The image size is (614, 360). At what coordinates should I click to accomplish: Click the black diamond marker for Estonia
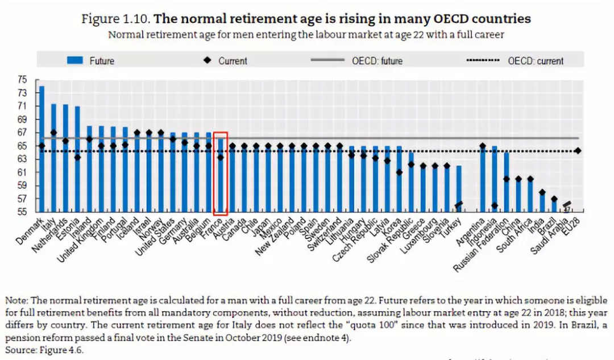[77, 158]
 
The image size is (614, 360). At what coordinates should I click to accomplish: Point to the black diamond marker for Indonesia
[495, 206]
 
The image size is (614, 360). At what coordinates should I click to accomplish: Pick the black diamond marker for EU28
[578, 151]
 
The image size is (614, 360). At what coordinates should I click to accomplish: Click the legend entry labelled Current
[225, 60]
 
